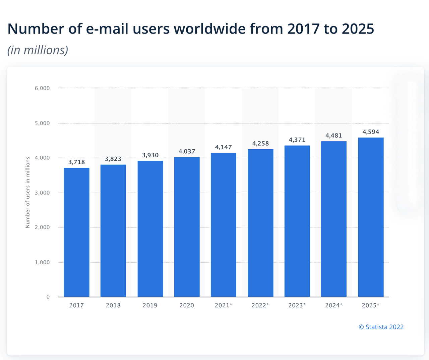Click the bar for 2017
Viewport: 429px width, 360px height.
76,232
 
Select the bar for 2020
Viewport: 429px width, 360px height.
187,227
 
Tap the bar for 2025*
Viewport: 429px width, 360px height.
371,217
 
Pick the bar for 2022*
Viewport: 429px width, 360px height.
260,223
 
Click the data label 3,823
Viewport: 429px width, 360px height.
113,159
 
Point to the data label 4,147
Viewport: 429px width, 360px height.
223,147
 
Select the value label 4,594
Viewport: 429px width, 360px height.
371,132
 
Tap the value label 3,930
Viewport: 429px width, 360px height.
150,155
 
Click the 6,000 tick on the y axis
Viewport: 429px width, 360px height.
42,88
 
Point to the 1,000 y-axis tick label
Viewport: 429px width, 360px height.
42,262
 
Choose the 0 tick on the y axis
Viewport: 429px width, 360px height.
48,297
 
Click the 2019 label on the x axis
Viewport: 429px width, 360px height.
150,305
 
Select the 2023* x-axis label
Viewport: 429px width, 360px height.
297,305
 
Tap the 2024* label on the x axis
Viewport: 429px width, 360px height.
334,305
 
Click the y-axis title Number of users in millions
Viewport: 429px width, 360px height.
28,193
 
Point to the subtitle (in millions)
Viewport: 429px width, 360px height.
38,50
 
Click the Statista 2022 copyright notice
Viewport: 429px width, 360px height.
381,327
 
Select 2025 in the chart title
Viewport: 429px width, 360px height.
358,29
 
